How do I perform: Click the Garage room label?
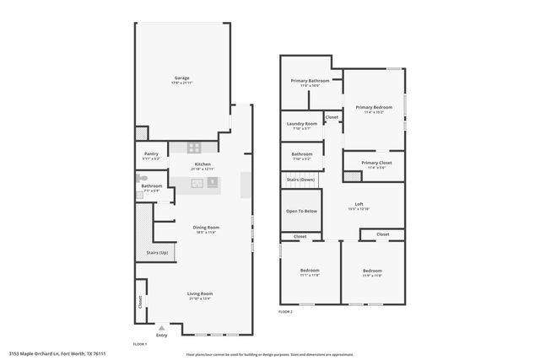point(181,78)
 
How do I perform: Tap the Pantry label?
point(151,153)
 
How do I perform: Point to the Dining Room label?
point(206,227)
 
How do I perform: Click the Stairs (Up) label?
point(157,252)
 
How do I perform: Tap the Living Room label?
point(199,293)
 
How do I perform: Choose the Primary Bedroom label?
point(373,107)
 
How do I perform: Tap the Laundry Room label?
point(301,124)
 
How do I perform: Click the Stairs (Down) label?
point(300,180)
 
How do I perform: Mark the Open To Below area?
point(300,211)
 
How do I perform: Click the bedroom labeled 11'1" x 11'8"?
point(309,271)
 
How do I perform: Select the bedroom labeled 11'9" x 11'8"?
point(372,271)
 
